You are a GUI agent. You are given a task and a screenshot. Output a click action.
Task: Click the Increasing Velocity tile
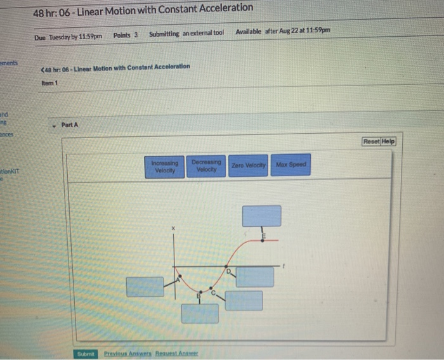164,166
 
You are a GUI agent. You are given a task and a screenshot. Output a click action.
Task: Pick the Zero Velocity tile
247,165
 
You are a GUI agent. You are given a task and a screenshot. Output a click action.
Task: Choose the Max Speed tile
291,165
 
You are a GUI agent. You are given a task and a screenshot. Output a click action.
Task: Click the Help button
388,141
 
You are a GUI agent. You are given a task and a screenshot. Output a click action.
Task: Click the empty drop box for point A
145,286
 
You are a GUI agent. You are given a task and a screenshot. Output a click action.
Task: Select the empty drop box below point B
200,313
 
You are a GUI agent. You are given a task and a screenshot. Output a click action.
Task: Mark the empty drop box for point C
244,300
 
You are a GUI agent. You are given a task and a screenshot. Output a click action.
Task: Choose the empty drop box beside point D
255,277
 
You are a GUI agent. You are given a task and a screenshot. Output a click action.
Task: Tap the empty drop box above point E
261,216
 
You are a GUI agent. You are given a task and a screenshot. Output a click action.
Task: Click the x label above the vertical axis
172,227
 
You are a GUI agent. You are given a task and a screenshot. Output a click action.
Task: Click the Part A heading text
70,125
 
